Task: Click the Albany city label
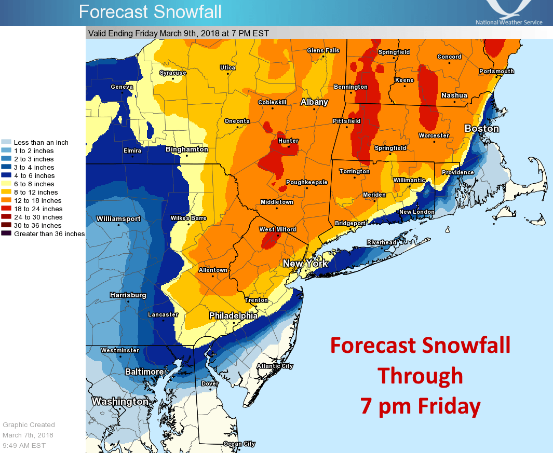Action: coord(314,102)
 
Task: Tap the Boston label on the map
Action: coord(481,129)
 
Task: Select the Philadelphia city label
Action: coord(233,315)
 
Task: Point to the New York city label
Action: coord(305,264)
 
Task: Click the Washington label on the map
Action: coord(120,402)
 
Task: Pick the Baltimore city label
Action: coord(144,372)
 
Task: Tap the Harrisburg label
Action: coord(128,295)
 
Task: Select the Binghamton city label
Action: coord(186,149)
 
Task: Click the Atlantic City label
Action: coord(275,366)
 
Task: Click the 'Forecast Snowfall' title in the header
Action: coord(150,11)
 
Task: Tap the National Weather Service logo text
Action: coord(508,22)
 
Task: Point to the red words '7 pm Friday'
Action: coord(420,406)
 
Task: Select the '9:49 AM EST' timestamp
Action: coord(24,445)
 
